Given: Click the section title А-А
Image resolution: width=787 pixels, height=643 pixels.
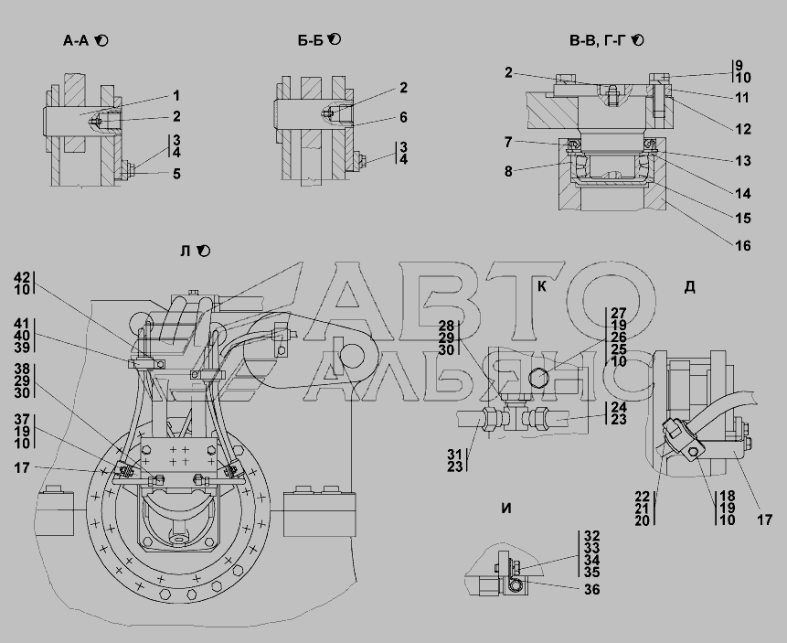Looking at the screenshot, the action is (x=76, y=40).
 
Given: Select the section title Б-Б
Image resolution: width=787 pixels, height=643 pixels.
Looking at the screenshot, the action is (x=310, y=40).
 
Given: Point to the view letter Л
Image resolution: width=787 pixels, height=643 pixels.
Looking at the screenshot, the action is (x=186, y=252).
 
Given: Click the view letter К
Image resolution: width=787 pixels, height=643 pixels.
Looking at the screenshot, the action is (x=541, y=286).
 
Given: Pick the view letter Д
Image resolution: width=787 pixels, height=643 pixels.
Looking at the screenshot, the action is (x=689, y=287).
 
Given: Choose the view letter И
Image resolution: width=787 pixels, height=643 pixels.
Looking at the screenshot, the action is (x=506, y=509).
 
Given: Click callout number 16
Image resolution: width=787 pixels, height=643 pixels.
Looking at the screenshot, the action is (x=743, y=246).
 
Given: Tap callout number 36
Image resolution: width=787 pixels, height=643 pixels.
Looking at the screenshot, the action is (x=592, y=589).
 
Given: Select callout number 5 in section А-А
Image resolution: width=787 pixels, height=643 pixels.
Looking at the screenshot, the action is (x=176, y=174).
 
